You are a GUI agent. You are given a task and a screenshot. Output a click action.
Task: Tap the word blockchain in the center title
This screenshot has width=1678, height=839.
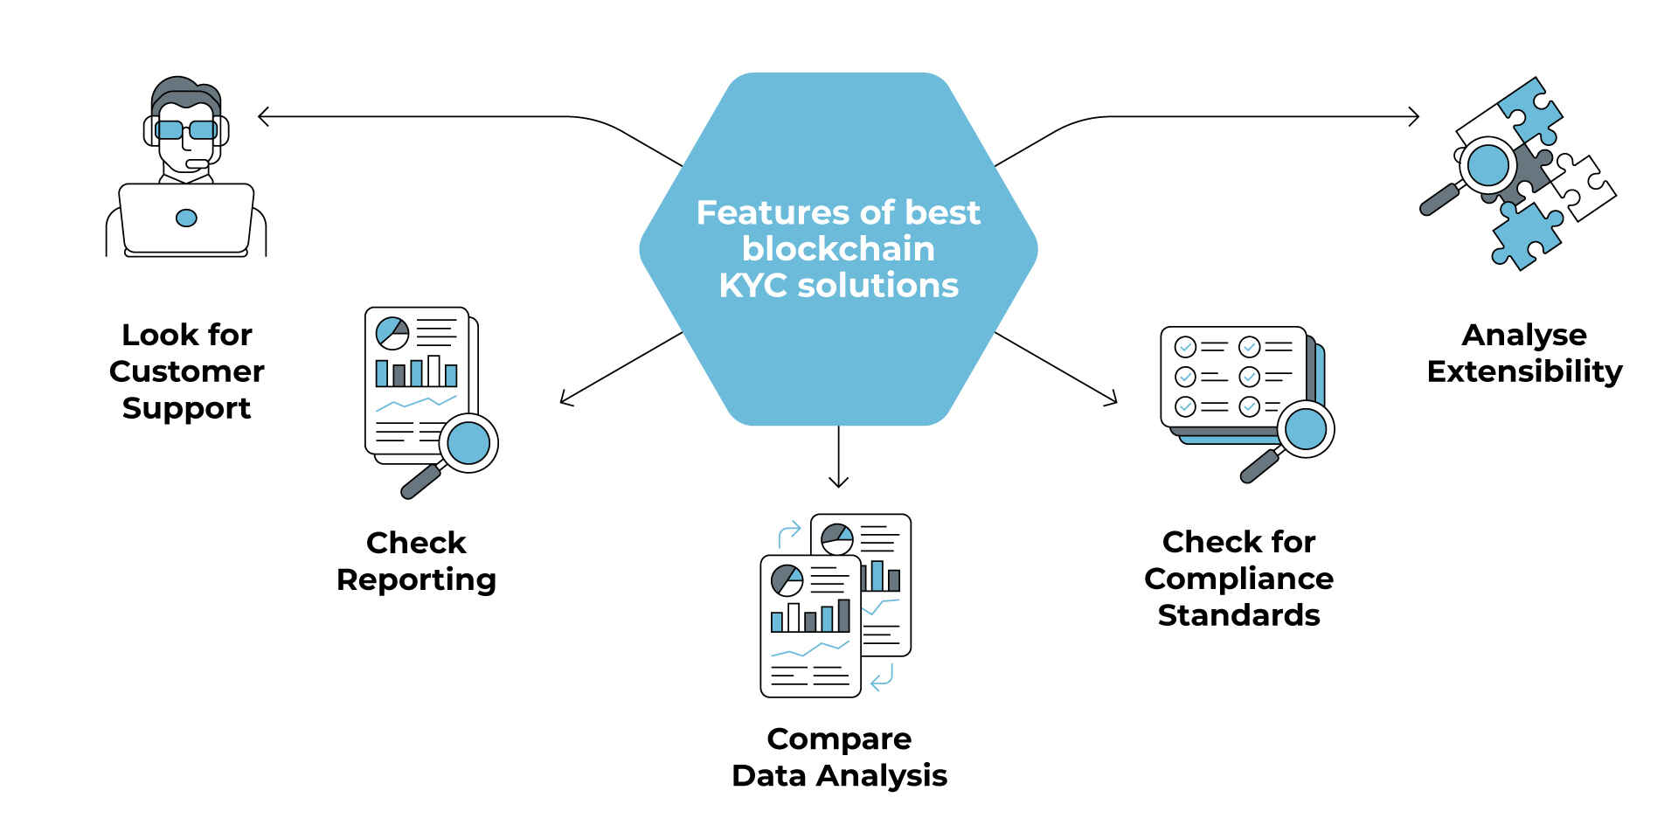(838, 249)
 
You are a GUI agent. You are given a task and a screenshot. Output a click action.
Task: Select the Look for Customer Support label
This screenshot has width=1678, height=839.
(186, 371)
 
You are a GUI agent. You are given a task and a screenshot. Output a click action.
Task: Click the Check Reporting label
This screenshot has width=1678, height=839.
(416, 561)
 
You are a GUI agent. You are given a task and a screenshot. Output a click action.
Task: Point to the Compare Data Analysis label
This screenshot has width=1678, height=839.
(839, 757)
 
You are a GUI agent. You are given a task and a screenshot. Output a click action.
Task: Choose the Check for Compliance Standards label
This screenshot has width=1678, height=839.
(1238, 579)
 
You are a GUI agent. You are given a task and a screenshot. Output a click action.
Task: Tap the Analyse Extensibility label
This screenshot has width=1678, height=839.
(1524, 353)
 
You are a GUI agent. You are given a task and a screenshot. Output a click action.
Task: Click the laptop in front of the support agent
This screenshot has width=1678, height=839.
(186, 218)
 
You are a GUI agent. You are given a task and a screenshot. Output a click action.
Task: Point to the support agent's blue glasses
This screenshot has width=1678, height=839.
(185, 130)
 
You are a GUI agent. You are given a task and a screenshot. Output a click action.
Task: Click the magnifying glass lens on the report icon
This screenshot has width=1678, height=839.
(468, 443)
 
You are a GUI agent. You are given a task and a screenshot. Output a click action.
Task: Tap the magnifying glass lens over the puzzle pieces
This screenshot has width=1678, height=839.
(1487, 164)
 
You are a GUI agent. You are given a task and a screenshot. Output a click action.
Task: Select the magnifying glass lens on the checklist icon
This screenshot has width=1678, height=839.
(1306, 429)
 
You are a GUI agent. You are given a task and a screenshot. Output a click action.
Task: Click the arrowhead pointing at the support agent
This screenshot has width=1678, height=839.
(262, 116)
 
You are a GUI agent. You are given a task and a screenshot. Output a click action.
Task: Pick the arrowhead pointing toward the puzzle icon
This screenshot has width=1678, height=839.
(1414, 116)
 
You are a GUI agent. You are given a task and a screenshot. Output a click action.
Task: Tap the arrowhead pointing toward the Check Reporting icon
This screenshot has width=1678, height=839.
(565, 400)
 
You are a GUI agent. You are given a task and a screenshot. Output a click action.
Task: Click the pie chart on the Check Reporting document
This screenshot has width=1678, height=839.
(392, 333)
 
